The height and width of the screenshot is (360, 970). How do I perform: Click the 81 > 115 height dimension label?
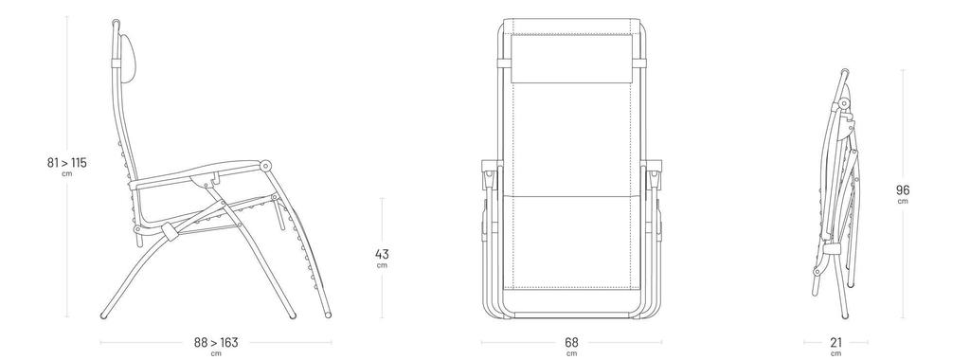(67, 163)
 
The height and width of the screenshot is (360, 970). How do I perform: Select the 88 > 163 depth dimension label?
(216, 342)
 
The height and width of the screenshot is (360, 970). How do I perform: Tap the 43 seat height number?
(382, 254)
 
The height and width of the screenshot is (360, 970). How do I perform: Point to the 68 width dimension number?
(571, 342)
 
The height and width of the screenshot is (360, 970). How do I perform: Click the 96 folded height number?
(903, 190)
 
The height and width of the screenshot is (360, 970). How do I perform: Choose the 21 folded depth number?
(835, 342)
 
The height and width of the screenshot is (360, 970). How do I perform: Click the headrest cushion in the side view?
(128, 60)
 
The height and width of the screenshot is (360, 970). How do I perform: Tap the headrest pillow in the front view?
(571, 59)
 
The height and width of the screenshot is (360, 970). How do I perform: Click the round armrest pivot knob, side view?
(266, 166)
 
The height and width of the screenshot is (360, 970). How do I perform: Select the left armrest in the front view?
(490, 174)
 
